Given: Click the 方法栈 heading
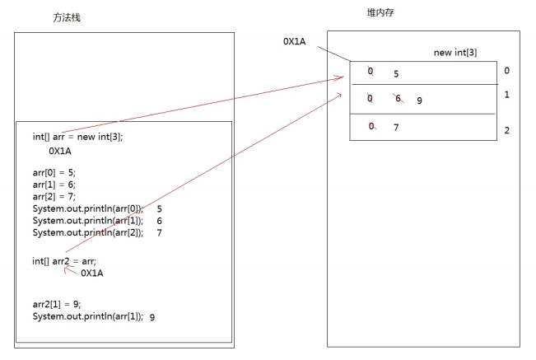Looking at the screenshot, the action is [x=67, y=17].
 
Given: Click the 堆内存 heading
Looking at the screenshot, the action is [x=380, y=12].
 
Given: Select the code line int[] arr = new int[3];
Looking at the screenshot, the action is [x=77, y=137].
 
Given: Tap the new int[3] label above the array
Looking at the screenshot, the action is [x=455, y=53].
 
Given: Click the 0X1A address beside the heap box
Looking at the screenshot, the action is [x=294, y=41].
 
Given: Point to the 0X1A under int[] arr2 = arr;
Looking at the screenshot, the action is [x=92, y=273].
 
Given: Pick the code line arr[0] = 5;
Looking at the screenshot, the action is [x=54, y=172].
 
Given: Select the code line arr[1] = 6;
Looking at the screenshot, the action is [x=54, y=185].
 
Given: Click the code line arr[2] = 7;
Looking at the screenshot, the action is [x=54, y=197].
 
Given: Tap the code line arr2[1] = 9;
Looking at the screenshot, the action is [x=57, y=304].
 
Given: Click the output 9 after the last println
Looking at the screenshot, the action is [x=152, y=317].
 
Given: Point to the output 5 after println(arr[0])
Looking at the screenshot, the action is [x=159, y=208].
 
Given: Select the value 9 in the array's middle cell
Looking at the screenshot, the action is [x=419, y=101].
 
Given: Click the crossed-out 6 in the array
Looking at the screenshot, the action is [x=399, y=99].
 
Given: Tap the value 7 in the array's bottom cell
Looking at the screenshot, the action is [x=396, y=128].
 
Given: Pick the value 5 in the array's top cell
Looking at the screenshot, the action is [x=396, y=74].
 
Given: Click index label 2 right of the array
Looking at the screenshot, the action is [x=506, y=130].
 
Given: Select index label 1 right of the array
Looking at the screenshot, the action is [x=506, y=95].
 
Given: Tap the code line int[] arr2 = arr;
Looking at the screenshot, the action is [x=64, y=261].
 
